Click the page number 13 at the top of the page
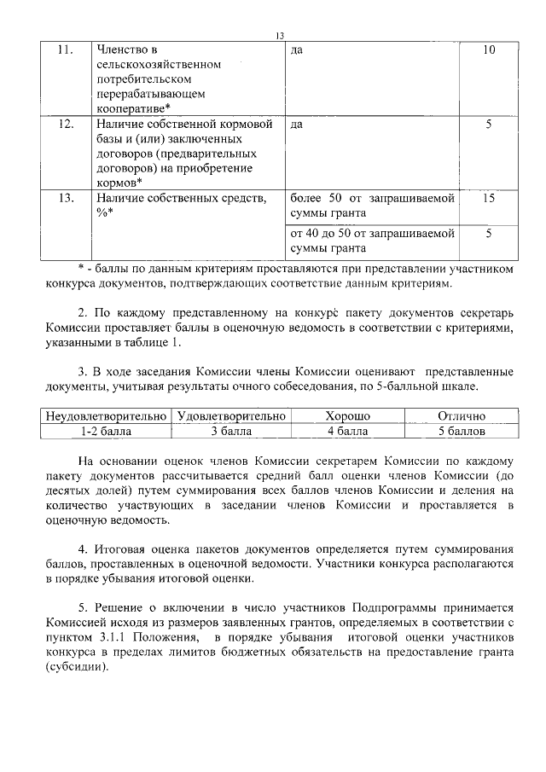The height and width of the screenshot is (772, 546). point(278,35)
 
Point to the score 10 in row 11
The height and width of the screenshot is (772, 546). point(488,50)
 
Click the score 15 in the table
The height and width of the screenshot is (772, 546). point(488,198)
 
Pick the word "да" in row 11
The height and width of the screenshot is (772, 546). point(297,50)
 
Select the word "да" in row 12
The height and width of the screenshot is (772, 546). point(297,125)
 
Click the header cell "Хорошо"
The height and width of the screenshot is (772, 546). point(347,416)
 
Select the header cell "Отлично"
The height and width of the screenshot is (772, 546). point(461,416)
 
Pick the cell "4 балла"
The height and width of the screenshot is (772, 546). point(347,431)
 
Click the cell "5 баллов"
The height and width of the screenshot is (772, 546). point(461,431)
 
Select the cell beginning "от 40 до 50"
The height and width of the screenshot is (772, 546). point(371,240)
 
